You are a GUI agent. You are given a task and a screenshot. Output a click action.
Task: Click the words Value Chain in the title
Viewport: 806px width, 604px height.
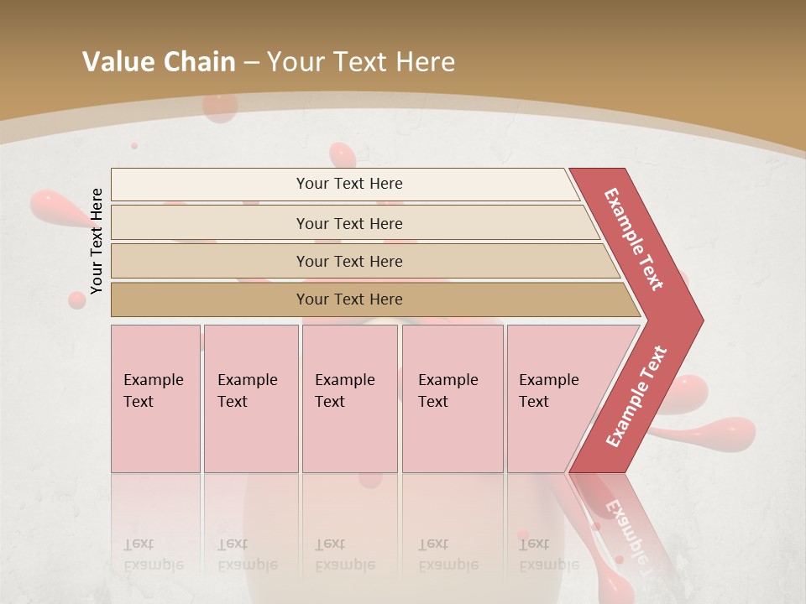point(159,62)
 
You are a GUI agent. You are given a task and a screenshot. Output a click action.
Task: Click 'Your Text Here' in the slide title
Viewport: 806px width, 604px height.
point(361,62)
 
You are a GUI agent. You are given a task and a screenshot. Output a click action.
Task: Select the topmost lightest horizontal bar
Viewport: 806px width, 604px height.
point(348,184)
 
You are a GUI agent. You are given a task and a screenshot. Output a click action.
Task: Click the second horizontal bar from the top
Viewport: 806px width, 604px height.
point(348,223)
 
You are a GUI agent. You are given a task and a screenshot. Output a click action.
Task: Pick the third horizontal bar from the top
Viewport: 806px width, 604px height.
point(348,261)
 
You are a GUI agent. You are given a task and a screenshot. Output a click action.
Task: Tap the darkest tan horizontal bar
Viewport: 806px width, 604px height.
point(348,299)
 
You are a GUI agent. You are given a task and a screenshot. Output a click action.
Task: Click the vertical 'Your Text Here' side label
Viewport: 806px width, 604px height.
point(97,241)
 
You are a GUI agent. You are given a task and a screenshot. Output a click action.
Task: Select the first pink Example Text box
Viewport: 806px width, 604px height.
point(155,398)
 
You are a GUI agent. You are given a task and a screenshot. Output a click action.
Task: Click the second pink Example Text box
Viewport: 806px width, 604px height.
point(250,398)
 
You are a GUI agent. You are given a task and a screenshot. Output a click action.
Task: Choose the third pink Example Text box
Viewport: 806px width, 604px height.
point(349,398)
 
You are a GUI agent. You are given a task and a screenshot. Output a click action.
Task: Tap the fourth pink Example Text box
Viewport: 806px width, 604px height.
point(452,398)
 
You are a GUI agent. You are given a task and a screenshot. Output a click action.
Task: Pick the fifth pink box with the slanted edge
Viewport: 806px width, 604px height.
point(554,398)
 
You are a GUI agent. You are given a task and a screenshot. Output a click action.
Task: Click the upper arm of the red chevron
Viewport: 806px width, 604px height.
point(634,239)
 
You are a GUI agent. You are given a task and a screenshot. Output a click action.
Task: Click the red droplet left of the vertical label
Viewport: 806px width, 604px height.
point(55,206)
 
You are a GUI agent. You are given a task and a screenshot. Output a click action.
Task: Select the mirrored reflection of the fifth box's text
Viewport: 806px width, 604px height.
point(547,555)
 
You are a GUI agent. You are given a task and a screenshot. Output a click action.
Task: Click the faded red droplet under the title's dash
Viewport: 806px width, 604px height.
point(220,107)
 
